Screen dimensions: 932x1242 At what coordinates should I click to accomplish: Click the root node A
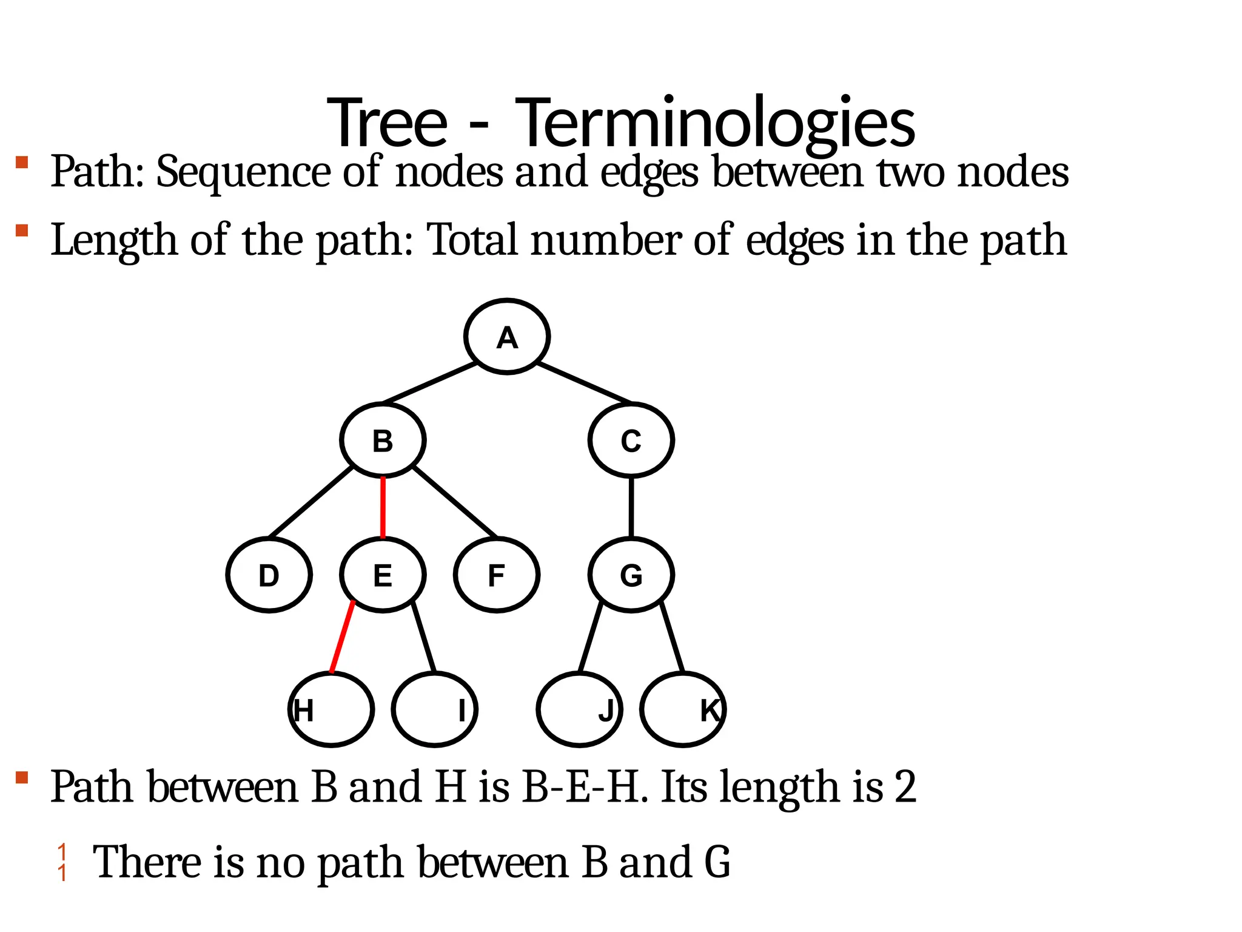pyautogui.click(x=507, y=337)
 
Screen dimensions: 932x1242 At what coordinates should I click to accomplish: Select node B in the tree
pyautogui.click(x=383, y=441)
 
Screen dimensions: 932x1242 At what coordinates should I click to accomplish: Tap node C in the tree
pyautogui.click(x=631, y=441)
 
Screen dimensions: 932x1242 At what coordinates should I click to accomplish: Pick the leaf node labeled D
pyautogui.click(x=269, y=575)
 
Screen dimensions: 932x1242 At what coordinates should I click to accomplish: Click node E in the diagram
pyautogui.click(x=383, y=575)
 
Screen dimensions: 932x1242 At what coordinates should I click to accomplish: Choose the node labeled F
pyautogui.click(x=496, y=575)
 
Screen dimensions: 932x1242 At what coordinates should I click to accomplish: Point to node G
pyautogui.click(x=631, y=575)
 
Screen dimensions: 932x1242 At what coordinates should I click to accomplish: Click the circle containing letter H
pyautogui.click(x=331, y=709)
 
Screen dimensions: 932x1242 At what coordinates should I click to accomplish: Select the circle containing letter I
pyautogui.click(x=435, y=709)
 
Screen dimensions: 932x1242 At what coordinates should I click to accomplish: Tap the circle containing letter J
pyautogui.click(x=580, y=709)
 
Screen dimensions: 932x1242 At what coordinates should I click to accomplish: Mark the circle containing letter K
pyautogui.click(x=683, y=709)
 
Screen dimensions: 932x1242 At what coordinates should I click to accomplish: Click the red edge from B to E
pyautogui.click(x=383, y=507)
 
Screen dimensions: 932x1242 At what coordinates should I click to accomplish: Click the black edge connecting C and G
pyautogui.click(x=631, y=507)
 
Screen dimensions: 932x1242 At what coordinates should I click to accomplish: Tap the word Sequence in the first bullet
pyautogui.click(x=243, y=172)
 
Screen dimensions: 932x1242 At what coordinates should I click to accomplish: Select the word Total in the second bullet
pyautogui.click(x=472, y=240)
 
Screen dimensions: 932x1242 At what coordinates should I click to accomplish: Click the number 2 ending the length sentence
pyautogui.click(x=905, y=787)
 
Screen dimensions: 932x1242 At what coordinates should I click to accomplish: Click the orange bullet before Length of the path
pyautogui.click(x=22, y=231)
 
